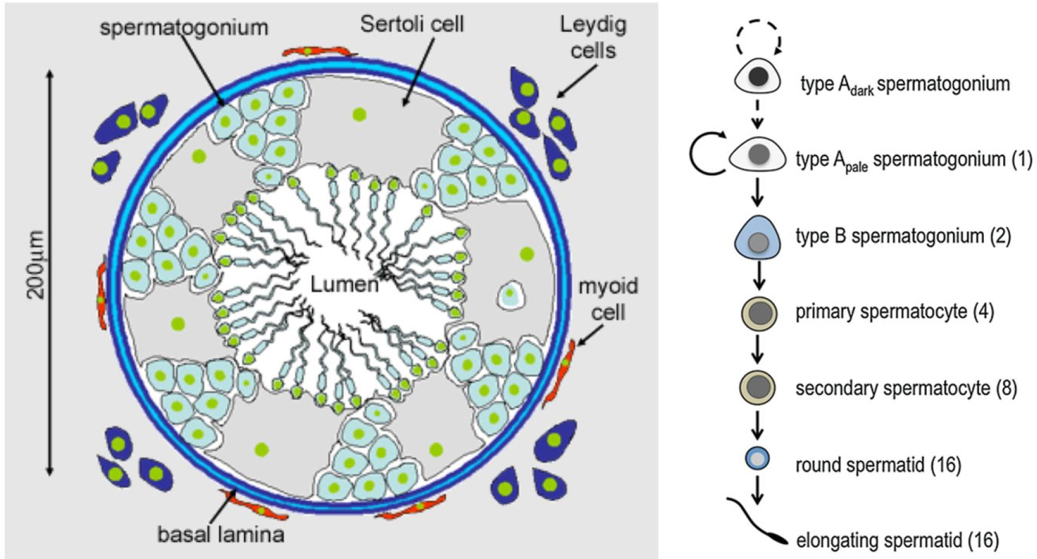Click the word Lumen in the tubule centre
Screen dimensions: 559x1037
pyautogui.click(x=344, y=284)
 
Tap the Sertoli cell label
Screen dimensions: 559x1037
pyautogui.click(x=412, y=24)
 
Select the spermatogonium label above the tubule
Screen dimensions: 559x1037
pyautogui.click(x=184, y=27)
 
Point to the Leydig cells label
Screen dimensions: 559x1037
pyautogui.click(x=593, y=37)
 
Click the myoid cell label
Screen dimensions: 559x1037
pyautogui.click(x=608, y=299)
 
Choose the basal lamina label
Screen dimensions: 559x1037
pyautogui.click(x=221, y=534)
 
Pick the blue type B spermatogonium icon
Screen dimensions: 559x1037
pyautogui.click(x=757, y=237)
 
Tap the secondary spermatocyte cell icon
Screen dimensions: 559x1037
pyautogui.click(x=757, y=388)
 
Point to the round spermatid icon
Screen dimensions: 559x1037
pyautogui.click(x=757, y=459)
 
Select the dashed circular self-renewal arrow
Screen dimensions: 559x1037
pyautogui.click(x=758, y=39)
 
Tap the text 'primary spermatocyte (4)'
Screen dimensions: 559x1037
pyautogui.click(x=894, y=312)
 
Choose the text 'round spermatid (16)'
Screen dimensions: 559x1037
pyautogui.click(x=878, y=465)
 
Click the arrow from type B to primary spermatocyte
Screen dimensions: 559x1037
pyautogui.click(x=758, y=276)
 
